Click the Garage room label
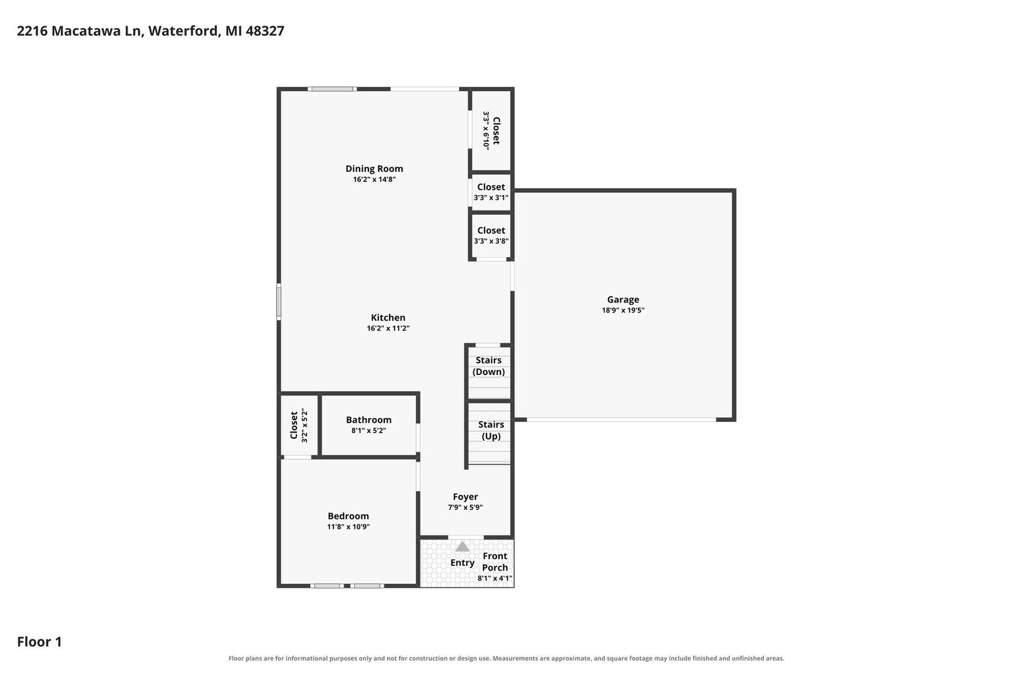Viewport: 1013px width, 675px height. coord(623,299)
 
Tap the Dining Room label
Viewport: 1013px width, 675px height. coord(374,169)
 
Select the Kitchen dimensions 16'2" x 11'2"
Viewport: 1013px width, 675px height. coord(388,328)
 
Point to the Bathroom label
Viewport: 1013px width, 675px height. coord(368,420)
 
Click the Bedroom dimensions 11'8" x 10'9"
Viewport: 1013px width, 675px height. coord(348,527)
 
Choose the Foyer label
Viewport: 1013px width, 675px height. coord(465,497)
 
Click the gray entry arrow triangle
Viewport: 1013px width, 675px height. coord(461,547)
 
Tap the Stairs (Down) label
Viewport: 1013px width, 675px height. coord(488,366)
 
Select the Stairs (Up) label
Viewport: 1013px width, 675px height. coord(491,431)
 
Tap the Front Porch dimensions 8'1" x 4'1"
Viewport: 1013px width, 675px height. coord(495,578)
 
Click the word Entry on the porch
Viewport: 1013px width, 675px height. coord(462,563)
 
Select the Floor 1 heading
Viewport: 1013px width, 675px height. coord(39,641)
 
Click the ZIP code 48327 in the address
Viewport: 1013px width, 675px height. coord(265,31)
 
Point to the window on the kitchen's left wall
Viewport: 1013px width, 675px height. coord(279,302)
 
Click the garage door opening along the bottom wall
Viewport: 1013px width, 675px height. coord(622,420)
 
